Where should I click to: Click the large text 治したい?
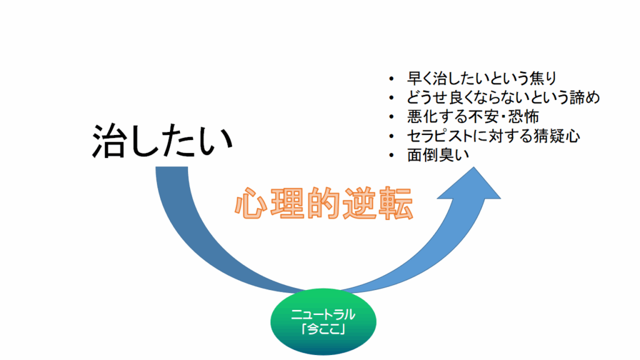pos(162,141)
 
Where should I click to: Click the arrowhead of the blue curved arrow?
pos(474,184)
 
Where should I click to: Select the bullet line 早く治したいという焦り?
pos(481,79)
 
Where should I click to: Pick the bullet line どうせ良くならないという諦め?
pos(503,97)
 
